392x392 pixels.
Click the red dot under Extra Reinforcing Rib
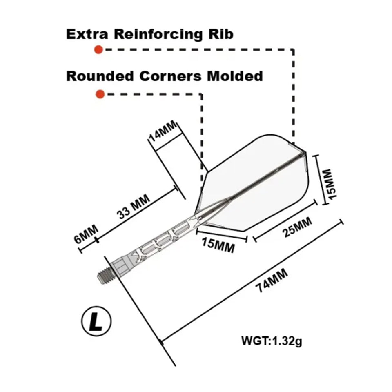98,49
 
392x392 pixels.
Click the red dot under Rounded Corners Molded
100,94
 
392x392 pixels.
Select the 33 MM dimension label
134,207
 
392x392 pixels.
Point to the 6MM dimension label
86,234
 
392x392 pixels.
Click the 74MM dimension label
272,281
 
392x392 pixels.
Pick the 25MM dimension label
297,227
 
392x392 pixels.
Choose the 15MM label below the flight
218,245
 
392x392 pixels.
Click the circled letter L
96,321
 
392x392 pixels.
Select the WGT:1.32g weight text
272,341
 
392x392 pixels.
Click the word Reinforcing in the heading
158,34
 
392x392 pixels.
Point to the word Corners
170,76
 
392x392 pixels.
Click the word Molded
235,76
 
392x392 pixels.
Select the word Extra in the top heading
87,34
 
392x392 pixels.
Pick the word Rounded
100,76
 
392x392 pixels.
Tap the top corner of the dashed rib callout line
293,50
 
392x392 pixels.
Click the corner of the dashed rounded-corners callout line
202,94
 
